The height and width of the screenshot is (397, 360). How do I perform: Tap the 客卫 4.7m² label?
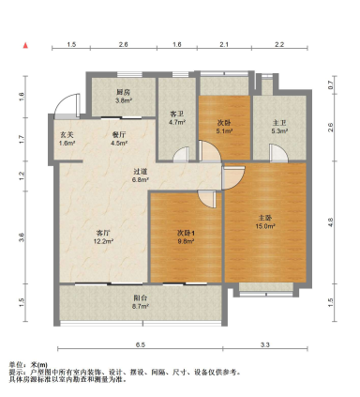174,117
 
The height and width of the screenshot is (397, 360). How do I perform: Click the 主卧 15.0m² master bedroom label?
265,221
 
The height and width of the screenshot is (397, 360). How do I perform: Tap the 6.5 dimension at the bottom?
139,345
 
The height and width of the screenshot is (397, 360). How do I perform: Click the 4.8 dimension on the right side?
330,221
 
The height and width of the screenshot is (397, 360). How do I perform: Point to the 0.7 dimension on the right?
330,85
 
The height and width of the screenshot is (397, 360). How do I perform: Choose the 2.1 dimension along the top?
223,44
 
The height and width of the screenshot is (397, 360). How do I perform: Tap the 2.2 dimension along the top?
279,44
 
